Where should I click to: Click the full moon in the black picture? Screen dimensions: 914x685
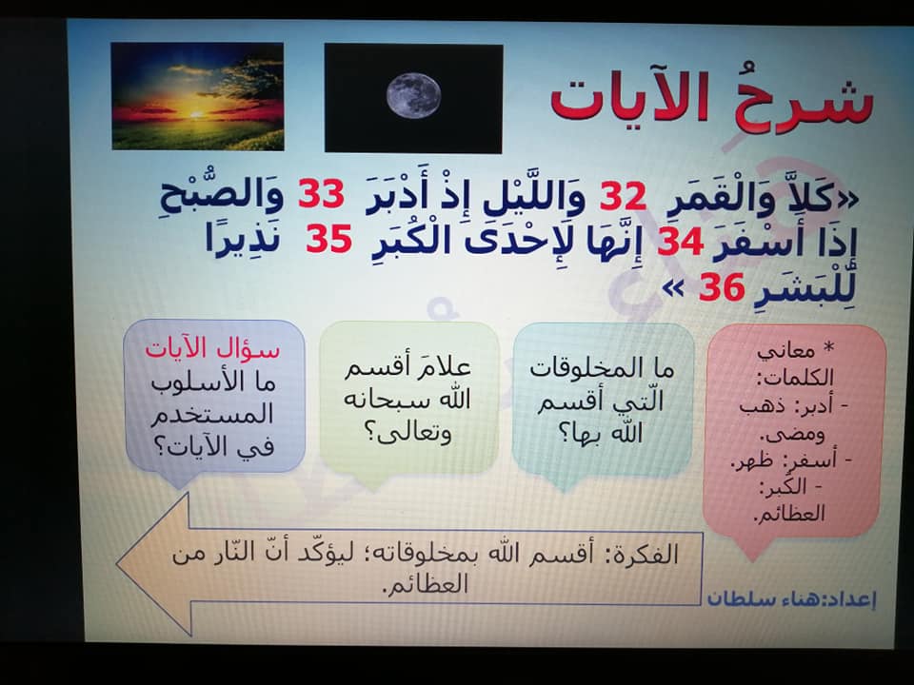coord(413,95)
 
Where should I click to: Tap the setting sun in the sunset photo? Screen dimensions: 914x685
coord(196,113)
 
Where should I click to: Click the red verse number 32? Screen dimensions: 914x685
coord(623,196)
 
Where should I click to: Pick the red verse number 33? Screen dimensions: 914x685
coord(321,194)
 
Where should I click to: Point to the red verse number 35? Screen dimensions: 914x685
coord(328,239)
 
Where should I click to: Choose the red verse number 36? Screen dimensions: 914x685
coord(722,287)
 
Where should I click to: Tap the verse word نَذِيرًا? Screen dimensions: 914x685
coord(242,240)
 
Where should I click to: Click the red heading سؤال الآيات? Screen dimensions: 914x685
coord(212,349)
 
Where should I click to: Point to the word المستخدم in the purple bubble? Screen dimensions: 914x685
coord(213,415)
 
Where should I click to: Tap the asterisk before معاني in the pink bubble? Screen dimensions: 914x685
coord(828,348)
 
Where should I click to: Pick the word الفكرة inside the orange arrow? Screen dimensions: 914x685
coord(643,555)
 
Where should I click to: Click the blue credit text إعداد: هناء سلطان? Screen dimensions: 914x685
coord(791,598)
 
